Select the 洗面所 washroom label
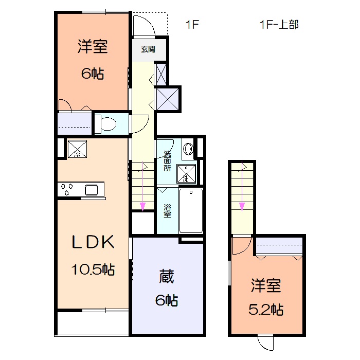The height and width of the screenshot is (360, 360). [x=167, y=161]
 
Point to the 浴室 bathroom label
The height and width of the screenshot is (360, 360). [x=168, y=211]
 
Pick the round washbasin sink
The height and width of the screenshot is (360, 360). [x=189, y=149]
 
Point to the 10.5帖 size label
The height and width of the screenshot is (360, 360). [x=93, y=269]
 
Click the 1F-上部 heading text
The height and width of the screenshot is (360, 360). [x=279, y=24]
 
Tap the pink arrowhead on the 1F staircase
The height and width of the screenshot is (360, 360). [x=142, y=207]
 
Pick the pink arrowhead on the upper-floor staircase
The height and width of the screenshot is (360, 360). [x=242, y=207]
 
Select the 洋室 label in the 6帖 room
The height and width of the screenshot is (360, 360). [x=93, y=47]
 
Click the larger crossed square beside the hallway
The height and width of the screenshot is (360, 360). [x=168, y=98]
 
